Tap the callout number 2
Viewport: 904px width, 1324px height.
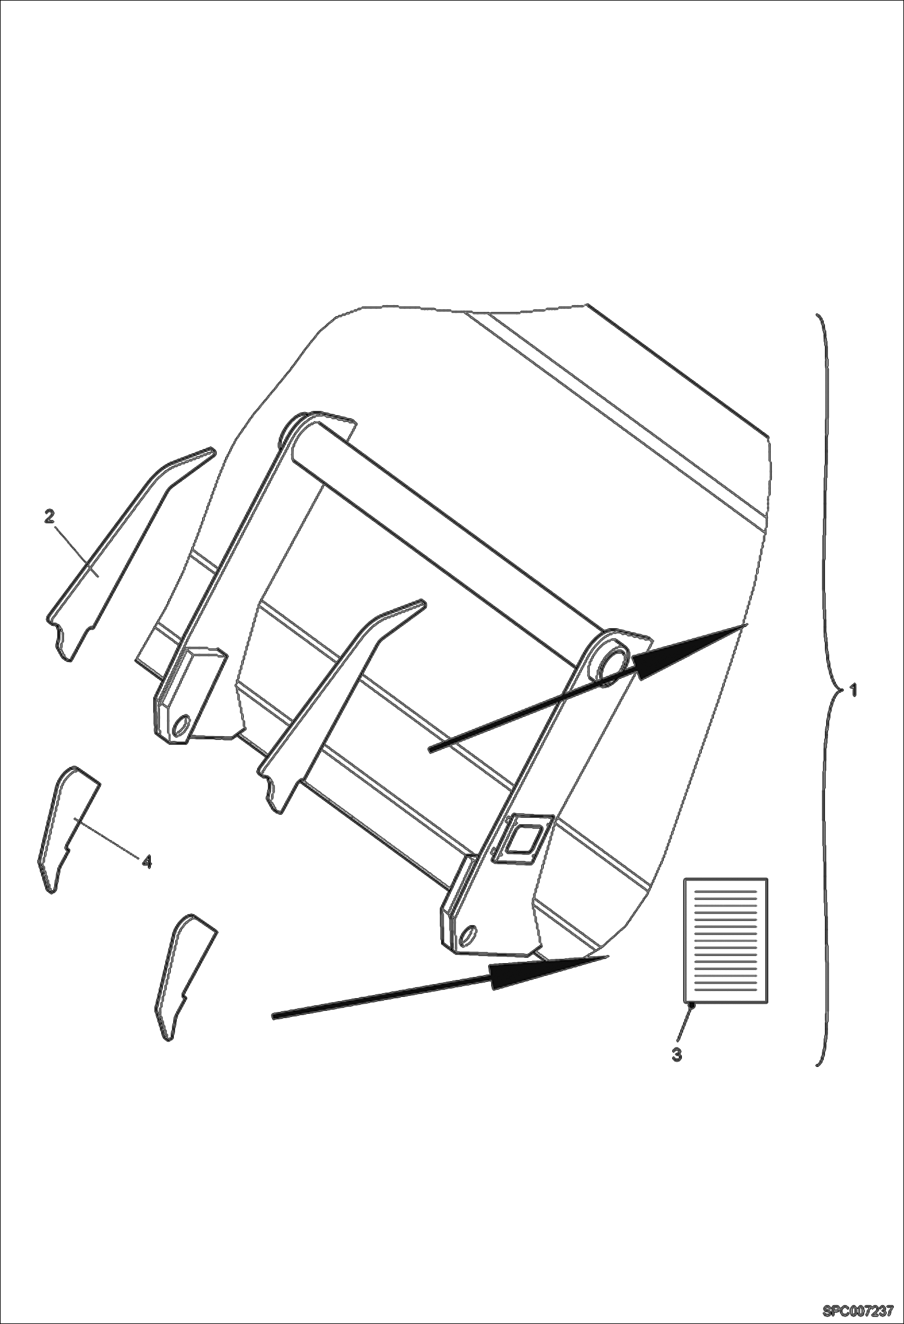(x=49, y=517)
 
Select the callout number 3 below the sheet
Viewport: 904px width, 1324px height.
(x=677, y=1055)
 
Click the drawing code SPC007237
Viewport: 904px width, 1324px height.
(x=858, y=1309)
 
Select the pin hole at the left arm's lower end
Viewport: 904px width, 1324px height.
(x=179, y=727)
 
